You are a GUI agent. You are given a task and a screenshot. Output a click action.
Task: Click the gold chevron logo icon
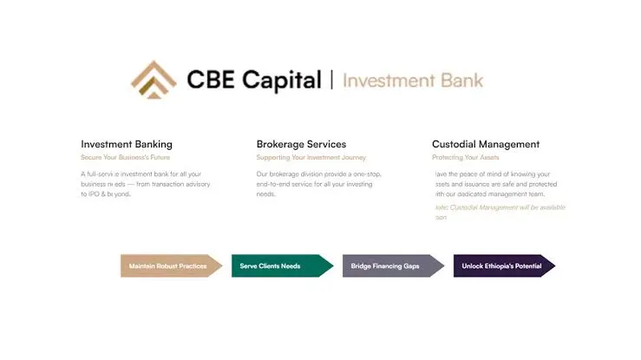point(154,79)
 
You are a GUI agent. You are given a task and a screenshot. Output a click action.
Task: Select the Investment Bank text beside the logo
point(412,81)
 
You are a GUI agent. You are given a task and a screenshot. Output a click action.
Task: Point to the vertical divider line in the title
point(331,81)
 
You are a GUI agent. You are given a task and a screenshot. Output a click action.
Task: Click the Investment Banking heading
point(127,144)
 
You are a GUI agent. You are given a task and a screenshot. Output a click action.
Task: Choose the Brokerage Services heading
point(301,144)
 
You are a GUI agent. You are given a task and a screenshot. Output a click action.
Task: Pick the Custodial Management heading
point(486,144)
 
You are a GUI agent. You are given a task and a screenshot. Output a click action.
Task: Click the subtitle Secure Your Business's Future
point(126,158)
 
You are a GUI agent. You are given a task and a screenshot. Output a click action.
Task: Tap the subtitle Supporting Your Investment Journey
point(311,158)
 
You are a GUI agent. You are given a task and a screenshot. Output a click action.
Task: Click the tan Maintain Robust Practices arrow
point(170,265)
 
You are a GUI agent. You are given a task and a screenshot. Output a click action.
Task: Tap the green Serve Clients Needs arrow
point(280,265)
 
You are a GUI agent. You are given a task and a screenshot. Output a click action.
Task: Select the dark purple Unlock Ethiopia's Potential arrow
point(503,265)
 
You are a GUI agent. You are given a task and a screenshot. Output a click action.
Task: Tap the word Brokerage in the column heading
point(282,144)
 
